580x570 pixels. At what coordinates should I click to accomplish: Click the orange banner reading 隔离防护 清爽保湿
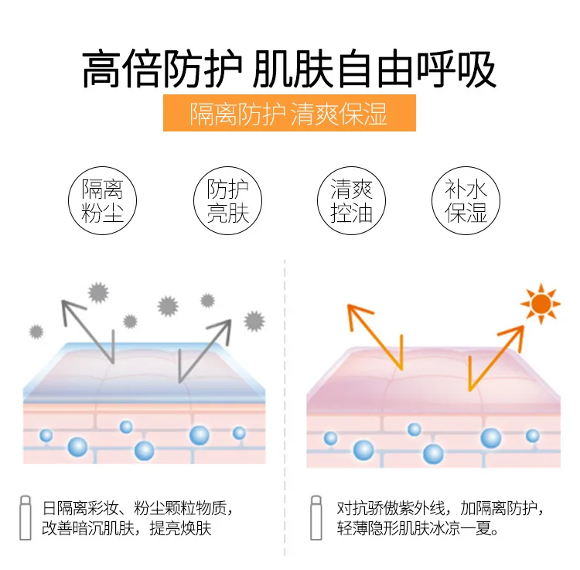coord(289,114)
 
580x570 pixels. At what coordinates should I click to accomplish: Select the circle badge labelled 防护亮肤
coord(227,202)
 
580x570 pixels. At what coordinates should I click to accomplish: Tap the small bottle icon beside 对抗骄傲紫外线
coord(316,516)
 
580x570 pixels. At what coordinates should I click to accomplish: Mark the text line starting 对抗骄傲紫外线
coord(439,508)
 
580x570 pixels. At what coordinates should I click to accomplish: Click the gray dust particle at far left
coord(36,332)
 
